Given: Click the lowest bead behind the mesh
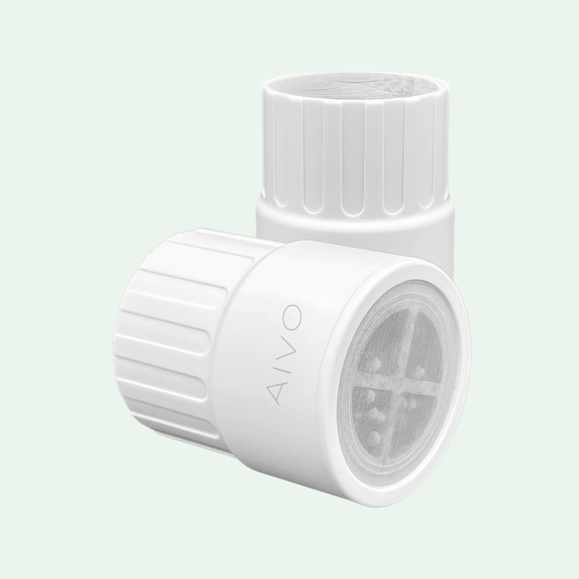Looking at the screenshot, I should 376,434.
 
